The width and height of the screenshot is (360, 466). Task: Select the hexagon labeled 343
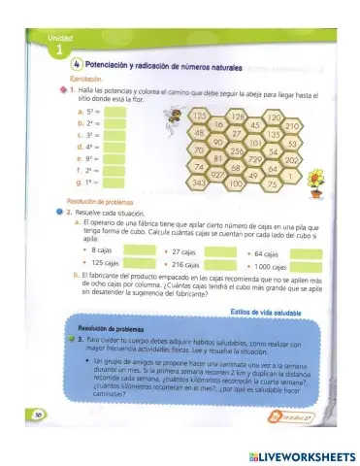coord(200,182)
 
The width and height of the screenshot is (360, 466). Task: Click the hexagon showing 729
coord(257,159)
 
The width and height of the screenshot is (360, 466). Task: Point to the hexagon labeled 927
coord(219,173)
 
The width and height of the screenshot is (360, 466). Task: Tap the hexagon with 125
coord(200,117)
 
